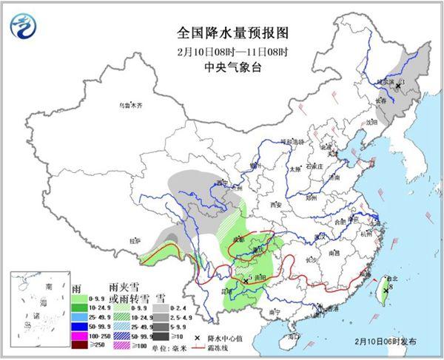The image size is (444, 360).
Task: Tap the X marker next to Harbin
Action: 398,86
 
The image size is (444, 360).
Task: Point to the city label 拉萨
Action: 133,240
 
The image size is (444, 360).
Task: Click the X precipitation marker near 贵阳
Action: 246,281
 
